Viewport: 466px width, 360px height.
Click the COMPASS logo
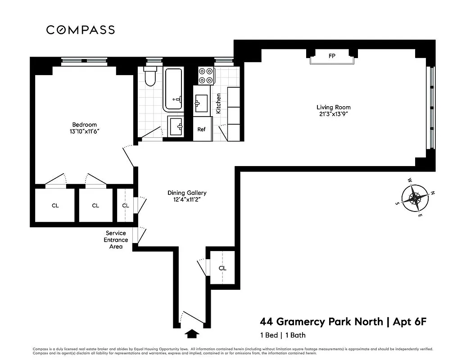tap(81, 30)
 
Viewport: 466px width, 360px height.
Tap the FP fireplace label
tap(332, 56)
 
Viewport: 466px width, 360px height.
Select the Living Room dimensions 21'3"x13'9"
tap(333, 114)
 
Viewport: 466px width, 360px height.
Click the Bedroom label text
tap(85, 125)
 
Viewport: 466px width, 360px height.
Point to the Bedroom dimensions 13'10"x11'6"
tap(85, 131)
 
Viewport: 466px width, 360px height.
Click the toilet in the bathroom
tap(150, 78)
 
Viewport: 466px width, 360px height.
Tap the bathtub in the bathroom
tap(173, 89)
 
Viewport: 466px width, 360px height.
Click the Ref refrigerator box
tap(202, 129)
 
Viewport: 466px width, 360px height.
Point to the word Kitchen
tap(219, 103)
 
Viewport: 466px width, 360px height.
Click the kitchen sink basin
tap(201, 103)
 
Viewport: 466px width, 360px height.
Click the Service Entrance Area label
tap(117, 240)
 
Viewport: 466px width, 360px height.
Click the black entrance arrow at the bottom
tap(192, 334)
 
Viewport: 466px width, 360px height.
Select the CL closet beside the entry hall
tap(222, 268)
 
